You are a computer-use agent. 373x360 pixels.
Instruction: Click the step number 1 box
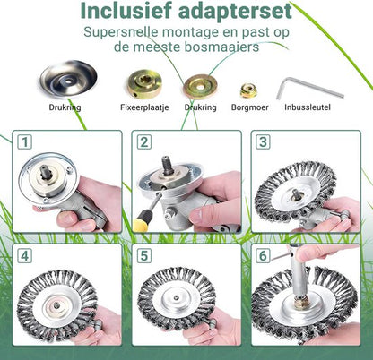tap(25, 143)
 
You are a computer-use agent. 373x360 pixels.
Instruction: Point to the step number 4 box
tap(25, 255)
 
